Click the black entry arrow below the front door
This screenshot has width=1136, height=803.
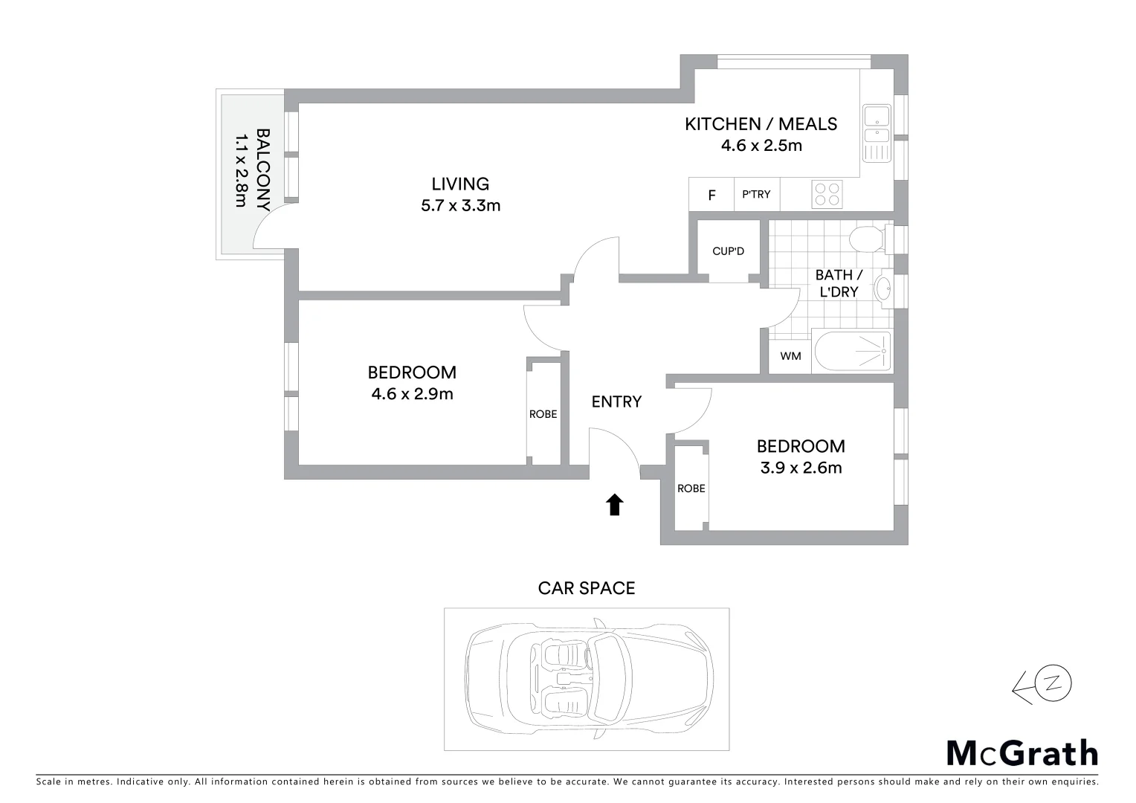(x=614, y=505)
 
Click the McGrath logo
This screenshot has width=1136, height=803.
(x=1022, y=753)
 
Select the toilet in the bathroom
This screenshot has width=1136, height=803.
(x=866, y=240)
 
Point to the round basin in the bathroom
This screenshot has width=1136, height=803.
(x=884, y=288)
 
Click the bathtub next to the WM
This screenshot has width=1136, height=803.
(x=853, y=351)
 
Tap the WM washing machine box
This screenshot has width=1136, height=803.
(x=790, y=356)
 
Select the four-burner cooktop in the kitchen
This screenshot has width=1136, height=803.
(x=827, y=194)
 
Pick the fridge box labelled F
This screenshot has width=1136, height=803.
(x=711, y=196)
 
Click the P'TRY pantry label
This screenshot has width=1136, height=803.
(x=756, y=194)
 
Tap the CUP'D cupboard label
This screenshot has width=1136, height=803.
(x=728, y=251)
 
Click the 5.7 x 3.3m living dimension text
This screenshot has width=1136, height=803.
(x=460, y=206)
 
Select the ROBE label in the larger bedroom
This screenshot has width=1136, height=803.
(x=543, y=414)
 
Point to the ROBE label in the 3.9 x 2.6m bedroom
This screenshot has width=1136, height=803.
(x=691, y=488)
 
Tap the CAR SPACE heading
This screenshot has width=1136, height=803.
(x=587, y=588)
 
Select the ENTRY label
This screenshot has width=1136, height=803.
(x=616, y=402)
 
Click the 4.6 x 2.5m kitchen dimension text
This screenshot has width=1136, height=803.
(x=761, y=146)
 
